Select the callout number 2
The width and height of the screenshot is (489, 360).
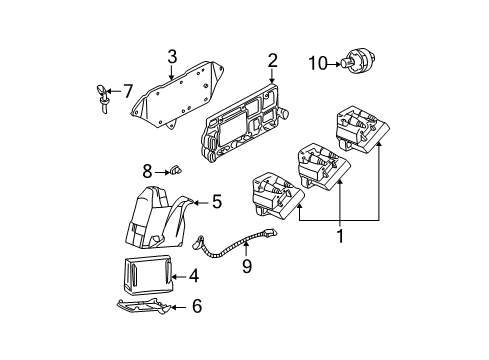(x=271, y=62)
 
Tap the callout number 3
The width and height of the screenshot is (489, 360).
(x=172, y=56)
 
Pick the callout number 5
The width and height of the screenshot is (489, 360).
(x=216, y=202)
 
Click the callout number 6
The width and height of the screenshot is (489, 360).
(x=196, y=307)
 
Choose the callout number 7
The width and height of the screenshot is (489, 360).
(x=127, y=91)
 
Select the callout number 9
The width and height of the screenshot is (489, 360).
(x=245, y=267)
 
